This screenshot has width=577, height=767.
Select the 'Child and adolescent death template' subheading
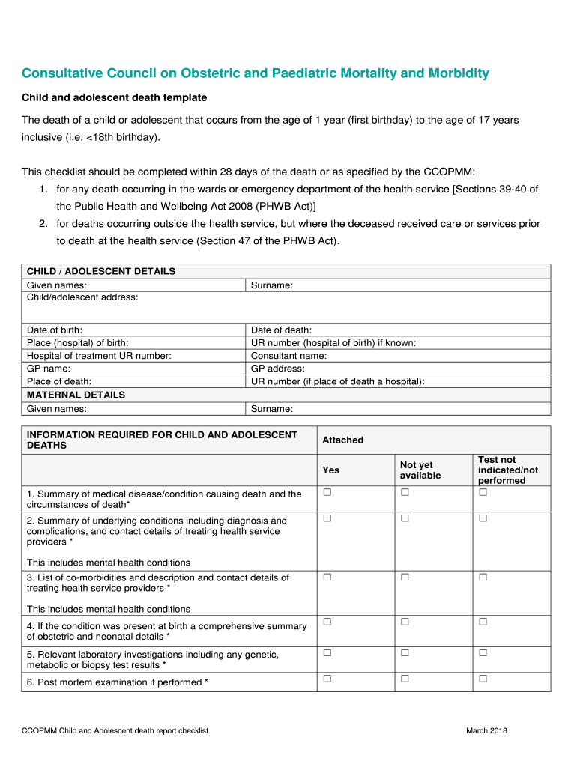(114, 98)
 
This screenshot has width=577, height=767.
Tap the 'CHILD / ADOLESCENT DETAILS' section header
(101, 271)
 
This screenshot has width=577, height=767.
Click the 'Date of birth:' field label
(55, 330)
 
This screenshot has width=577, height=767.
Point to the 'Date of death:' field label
(281, 330)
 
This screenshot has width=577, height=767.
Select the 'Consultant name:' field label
(288, 356)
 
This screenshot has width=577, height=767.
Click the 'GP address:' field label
(277, 369)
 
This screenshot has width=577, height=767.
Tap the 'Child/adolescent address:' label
(82, 297)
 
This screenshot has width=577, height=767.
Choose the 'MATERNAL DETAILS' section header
(76, 395)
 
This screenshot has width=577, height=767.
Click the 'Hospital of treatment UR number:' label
(99, 356)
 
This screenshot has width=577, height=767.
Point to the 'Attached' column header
(342, 440)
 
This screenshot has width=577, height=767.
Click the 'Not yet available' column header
(420, 470)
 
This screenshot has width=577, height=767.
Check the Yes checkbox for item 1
(327, 492)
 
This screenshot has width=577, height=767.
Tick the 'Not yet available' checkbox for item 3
(405, 577)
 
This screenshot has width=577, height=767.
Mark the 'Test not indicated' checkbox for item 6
(483, 679)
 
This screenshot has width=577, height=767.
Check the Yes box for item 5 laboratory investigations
(327, 653)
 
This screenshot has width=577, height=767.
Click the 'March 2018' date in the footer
(486, 730)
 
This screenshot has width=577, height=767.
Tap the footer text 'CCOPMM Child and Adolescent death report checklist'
(115, 730)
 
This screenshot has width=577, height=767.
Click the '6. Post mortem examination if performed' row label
(118, 682)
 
